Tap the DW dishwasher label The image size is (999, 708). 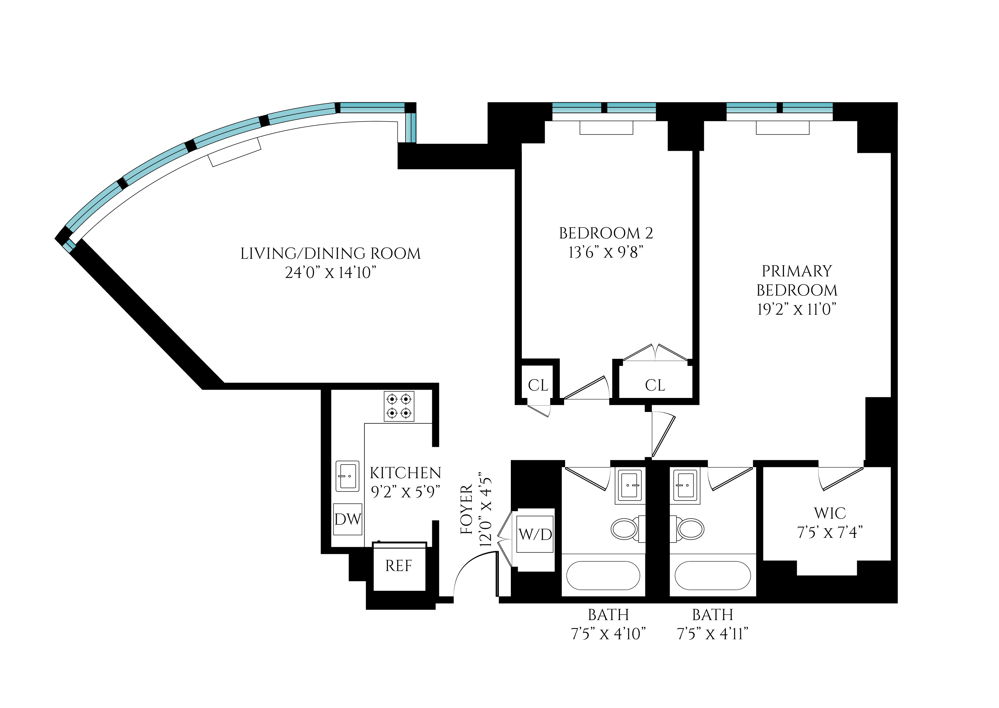347,519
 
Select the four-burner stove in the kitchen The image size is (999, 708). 399,406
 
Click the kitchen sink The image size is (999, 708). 347,476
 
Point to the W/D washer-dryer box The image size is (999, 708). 535,534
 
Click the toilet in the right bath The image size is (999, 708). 690,529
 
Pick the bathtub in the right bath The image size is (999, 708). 713,575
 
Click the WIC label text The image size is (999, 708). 830,513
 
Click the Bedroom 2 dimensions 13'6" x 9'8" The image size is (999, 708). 606,252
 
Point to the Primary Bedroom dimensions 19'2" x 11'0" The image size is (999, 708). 796,309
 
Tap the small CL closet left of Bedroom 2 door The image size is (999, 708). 538,385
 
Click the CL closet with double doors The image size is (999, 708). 655,385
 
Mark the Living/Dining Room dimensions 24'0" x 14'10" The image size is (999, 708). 330,272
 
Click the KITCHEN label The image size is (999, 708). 405,473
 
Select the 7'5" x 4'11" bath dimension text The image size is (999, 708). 712,633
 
